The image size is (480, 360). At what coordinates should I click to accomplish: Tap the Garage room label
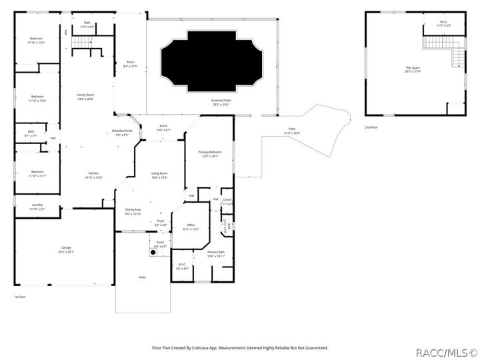[66, 249]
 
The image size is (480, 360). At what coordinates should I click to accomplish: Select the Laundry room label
[37, 207]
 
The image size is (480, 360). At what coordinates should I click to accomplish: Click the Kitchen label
[93, 175]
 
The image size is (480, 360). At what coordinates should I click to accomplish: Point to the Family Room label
[85, 97]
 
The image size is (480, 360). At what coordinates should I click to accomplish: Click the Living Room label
[159, 175]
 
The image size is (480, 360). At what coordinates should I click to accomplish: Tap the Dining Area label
[133, 211]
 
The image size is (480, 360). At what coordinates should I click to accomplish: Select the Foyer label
[160, 223]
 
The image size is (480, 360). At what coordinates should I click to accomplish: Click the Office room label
[191, 227]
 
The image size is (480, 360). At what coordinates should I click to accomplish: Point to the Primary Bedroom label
[209, 154]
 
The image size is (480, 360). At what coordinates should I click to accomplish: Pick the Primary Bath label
[215, 253]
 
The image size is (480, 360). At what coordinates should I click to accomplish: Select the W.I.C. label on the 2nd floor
[443, 23]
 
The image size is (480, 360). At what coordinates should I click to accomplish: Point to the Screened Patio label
[221, 103]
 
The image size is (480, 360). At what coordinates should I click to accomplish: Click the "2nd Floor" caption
[372, 127]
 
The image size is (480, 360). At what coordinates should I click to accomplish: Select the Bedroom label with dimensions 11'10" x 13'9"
[37, 99]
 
